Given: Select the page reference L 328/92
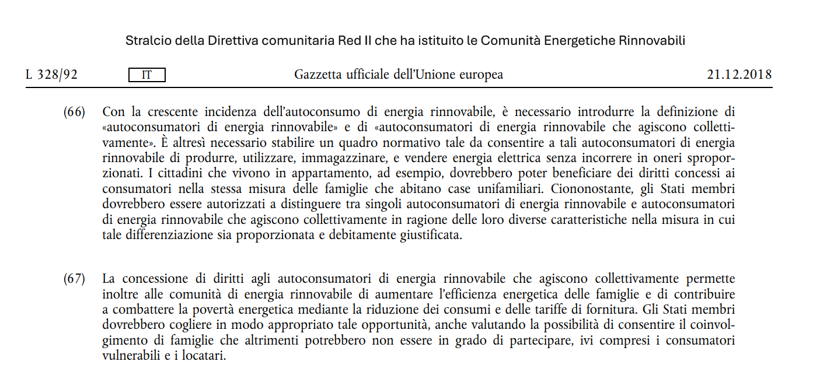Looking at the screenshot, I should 51,75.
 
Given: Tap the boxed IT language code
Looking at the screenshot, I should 147,75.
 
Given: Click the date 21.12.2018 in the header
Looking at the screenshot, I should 739,75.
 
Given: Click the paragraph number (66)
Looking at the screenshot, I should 74,111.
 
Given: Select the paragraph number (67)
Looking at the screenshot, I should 74,279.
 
